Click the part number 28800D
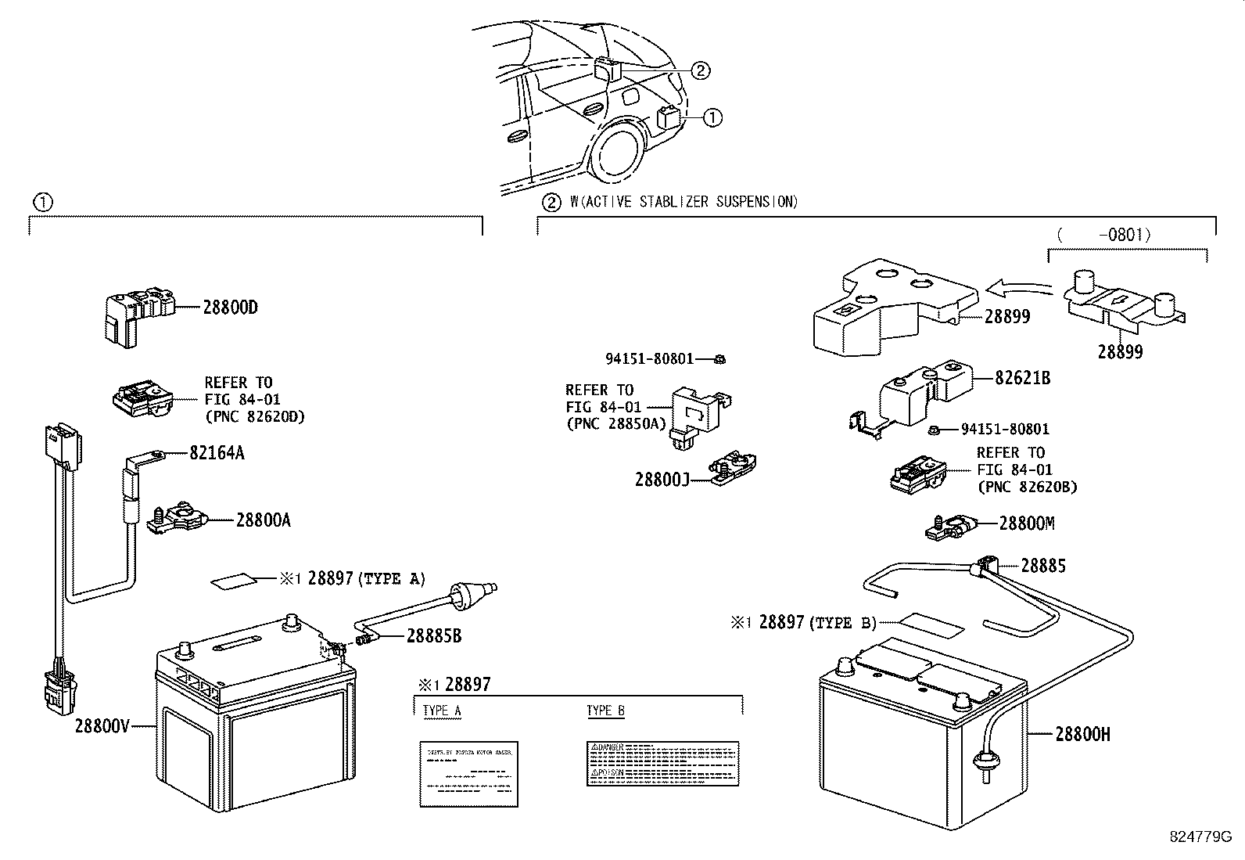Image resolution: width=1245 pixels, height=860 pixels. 230,308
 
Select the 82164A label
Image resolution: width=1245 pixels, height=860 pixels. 217,453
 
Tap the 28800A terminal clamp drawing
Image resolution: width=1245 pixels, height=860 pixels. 178,518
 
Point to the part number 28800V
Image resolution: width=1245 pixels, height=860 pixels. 102,725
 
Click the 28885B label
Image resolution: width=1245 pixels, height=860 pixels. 434,635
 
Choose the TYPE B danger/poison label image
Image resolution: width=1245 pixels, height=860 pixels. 663,764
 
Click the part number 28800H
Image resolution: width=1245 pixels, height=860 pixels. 1082,734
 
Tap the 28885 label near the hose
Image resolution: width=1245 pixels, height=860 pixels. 1043,566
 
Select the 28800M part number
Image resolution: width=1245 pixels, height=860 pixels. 1027,524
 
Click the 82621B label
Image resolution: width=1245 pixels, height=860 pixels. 1022,378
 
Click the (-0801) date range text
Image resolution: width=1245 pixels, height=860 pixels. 1103,234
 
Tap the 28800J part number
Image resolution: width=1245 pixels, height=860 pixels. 662,479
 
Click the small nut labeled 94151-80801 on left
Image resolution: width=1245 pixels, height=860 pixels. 720,359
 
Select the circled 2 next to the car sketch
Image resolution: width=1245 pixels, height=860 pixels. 700,71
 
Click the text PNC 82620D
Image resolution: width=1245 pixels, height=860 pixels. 255,416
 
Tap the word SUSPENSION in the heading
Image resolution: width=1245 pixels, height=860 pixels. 756,202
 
